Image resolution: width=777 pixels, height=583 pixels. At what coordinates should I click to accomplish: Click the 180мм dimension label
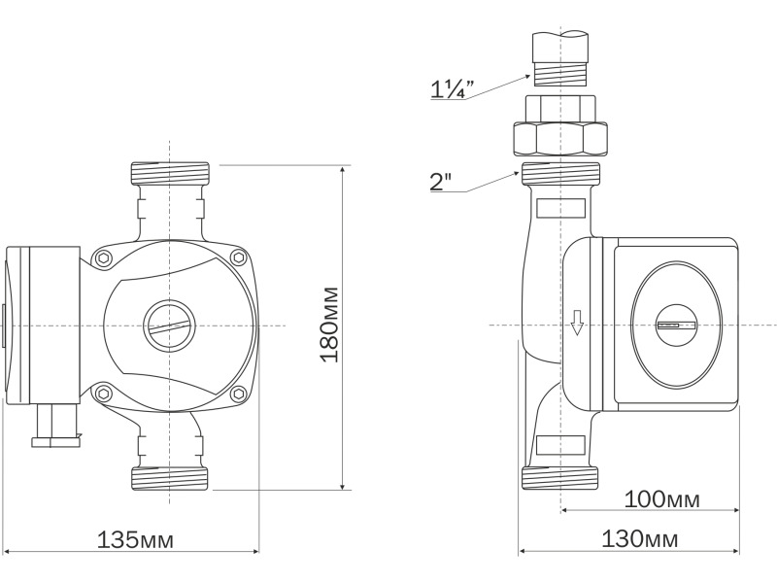[330, 325]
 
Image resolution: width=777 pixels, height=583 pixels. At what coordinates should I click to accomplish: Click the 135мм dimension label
[135, 540]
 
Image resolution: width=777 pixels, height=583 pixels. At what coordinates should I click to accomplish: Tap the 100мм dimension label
[661, 499]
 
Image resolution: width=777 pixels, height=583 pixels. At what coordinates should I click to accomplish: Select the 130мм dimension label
[639, 539]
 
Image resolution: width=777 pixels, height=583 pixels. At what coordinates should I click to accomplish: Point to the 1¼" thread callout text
[452, 89]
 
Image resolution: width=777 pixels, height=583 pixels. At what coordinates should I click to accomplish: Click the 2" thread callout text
[441, 182]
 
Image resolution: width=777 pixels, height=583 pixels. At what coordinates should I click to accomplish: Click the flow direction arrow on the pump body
[576, 323]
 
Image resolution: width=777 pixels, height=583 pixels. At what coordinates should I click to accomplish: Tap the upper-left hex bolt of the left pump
[103, 257]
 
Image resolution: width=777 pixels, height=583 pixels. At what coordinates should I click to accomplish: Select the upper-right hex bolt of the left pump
[239, 257]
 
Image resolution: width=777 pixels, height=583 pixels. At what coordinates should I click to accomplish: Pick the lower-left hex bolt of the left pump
[103, 394]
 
